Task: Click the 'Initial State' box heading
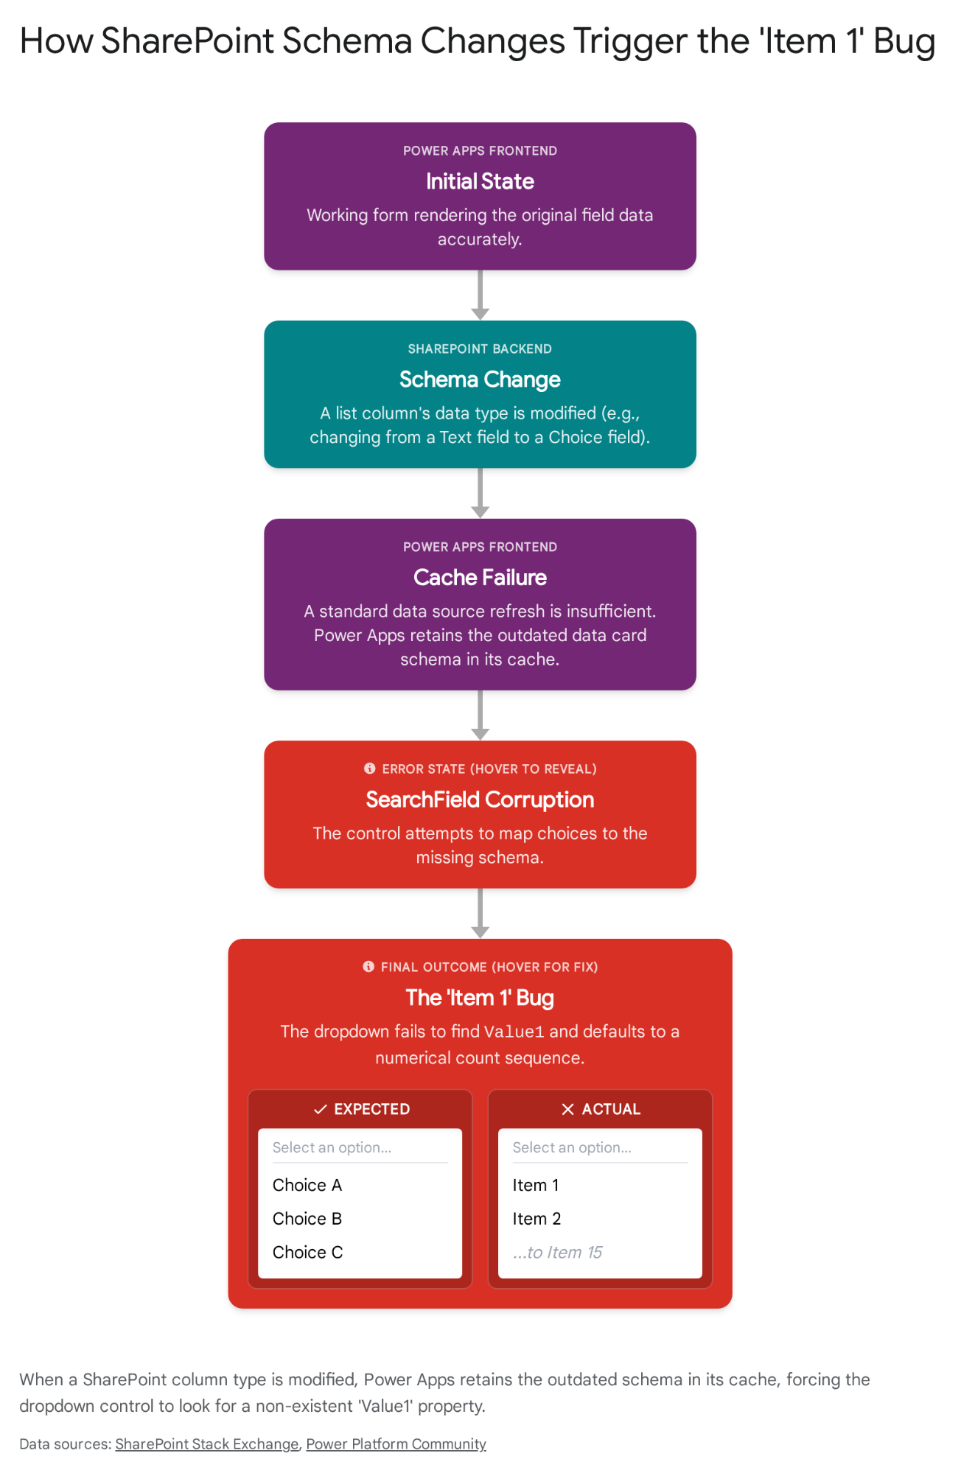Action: pos(480,181)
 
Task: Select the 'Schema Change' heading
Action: pos(480,379)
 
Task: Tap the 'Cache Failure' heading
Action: pos(480,578)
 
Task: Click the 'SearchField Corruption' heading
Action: pos(480,800)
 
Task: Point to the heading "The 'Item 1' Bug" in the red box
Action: pos(480,998)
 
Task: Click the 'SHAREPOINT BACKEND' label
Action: pos(480,349)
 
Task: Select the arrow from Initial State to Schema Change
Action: pos(480,295)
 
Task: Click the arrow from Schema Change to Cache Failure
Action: pos(480,493)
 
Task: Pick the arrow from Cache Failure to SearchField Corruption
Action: pos(480,715)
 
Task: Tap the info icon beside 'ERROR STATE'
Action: pos(370,769)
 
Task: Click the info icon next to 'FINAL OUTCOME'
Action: pos(368,967)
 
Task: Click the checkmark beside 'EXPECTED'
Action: pos(321,1109)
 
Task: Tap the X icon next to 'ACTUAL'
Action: pos(567,1109)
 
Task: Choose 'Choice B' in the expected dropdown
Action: pos(307,1219)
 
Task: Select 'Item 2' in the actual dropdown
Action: pos(537,1219)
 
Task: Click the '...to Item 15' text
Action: pos(557,1253)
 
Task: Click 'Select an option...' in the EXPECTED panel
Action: pos(332,1147)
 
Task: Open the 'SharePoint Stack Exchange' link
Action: pos(207,1444)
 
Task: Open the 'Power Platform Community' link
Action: pos(396,1444)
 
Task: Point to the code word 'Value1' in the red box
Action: pos(514,1032)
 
